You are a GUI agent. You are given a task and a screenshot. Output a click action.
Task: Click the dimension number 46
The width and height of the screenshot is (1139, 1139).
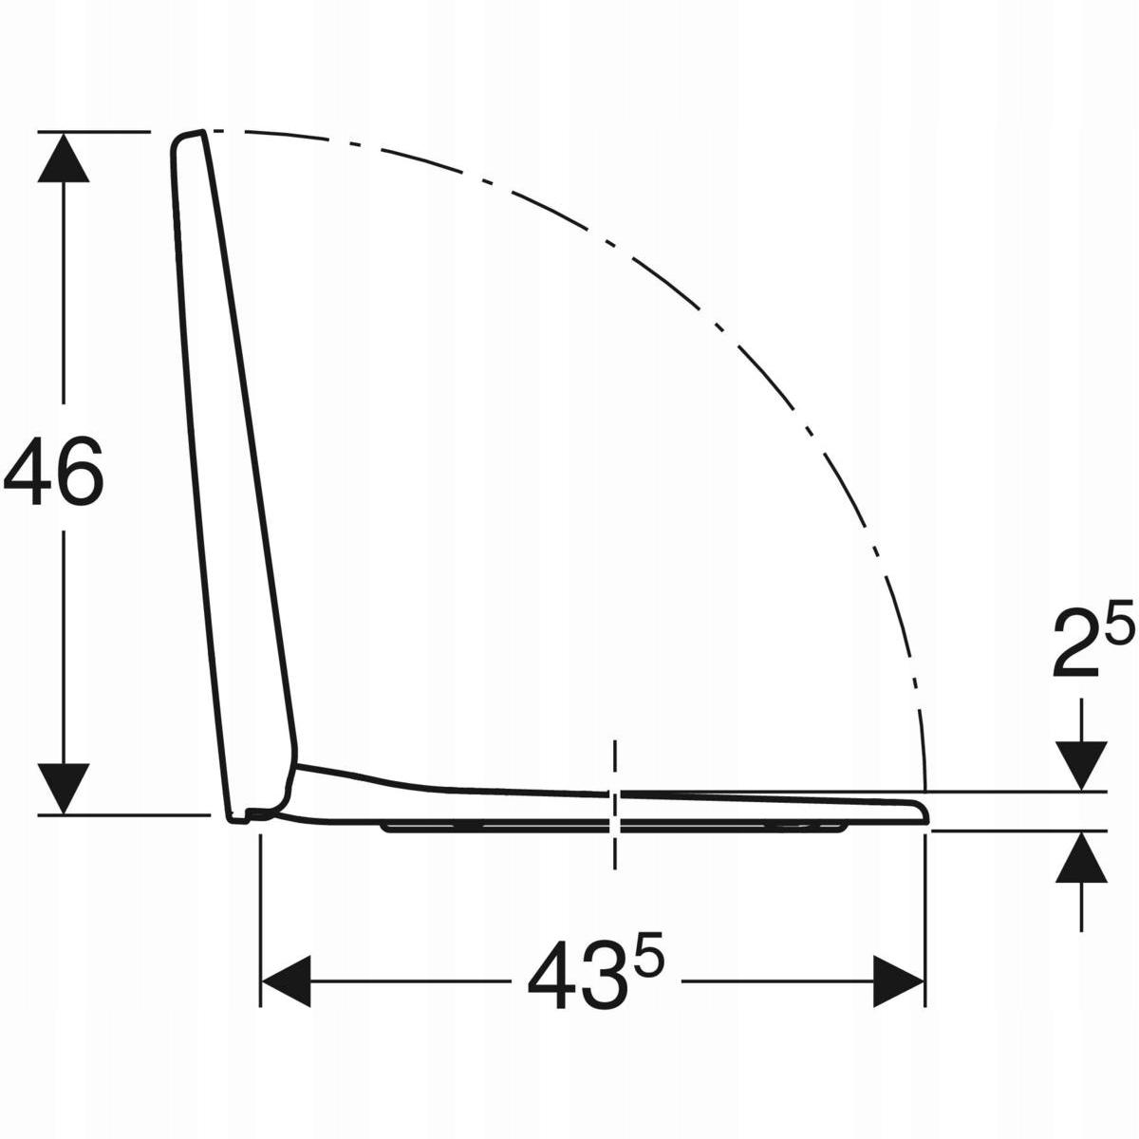[x=53, y=471]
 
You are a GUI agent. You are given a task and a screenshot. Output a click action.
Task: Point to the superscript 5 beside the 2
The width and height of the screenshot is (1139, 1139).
[x=1120, y=620]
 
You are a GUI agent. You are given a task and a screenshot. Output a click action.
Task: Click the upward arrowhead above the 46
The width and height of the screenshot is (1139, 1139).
[x=64, y=158]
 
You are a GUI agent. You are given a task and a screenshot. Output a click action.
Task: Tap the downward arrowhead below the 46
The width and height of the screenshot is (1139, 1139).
[x=64, y=788]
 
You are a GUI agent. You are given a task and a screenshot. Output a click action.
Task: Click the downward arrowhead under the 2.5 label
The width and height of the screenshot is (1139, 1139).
[x=1081, y=765]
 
